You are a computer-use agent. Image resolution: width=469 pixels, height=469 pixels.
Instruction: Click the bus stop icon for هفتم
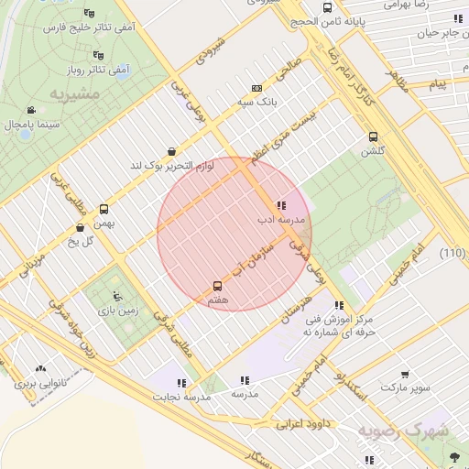217,287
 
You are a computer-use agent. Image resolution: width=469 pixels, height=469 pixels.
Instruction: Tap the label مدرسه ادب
273,221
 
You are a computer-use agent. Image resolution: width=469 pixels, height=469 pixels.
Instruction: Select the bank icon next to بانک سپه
256,88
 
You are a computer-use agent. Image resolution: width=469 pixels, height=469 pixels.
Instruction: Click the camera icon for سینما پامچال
33,110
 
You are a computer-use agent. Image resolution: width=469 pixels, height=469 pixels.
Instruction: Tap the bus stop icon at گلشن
373,136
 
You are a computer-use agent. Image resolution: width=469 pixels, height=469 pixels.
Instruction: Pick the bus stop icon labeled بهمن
104,210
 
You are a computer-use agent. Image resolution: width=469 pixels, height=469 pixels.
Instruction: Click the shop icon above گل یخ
80,227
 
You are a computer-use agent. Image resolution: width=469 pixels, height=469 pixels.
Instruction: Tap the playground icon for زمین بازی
116,295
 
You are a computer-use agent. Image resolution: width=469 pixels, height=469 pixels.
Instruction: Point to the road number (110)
452,253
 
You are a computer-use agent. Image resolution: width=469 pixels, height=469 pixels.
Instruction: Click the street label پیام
438,84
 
